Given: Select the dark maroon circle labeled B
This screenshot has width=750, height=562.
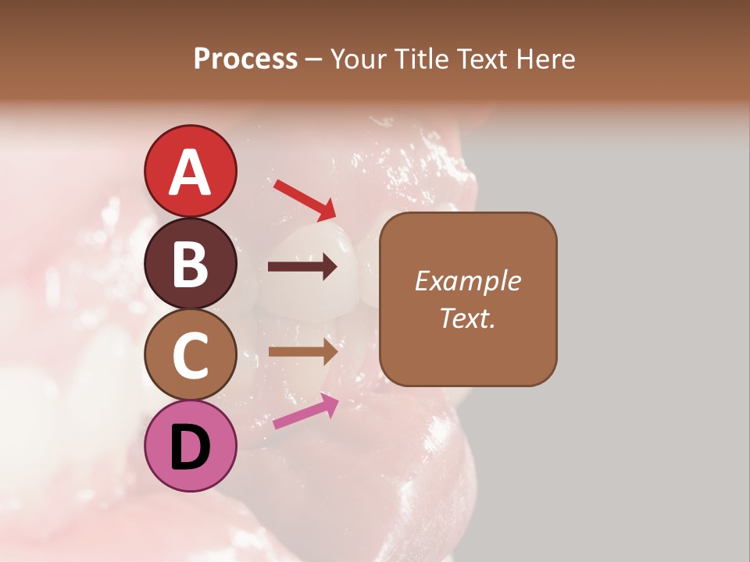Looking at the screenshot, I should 191,264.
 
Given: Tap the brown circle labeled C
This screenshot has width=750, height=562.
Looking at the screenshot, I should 191,355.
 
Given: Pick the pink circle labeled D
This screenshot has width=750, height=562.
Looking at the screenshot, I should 191,446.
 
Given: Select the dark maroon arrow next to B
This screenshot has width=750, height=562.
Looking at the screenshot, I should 302,267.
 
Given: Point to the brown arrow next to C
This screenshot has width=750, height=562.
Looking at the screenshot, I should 302,351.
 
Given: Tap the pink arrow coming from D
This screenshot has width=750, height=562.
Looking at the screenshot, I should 305,411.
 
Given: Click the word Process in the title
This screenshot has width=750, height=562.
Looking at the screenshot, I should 245,59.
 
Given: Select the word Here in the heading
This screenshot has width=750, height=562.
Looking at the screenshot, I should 544,59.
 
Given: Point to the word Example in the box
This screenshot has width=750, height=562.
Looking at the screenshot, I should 467,281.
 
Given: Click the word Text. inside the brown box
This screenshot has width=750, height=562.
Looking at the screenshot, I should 467,318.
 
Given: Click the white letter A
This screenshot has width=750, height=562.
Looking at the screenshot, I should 191,173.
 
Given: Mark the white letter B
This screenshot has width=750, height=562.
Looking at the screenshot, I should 191,264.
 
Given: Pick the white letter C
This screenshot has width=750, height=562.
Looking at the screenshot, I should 191,355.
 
